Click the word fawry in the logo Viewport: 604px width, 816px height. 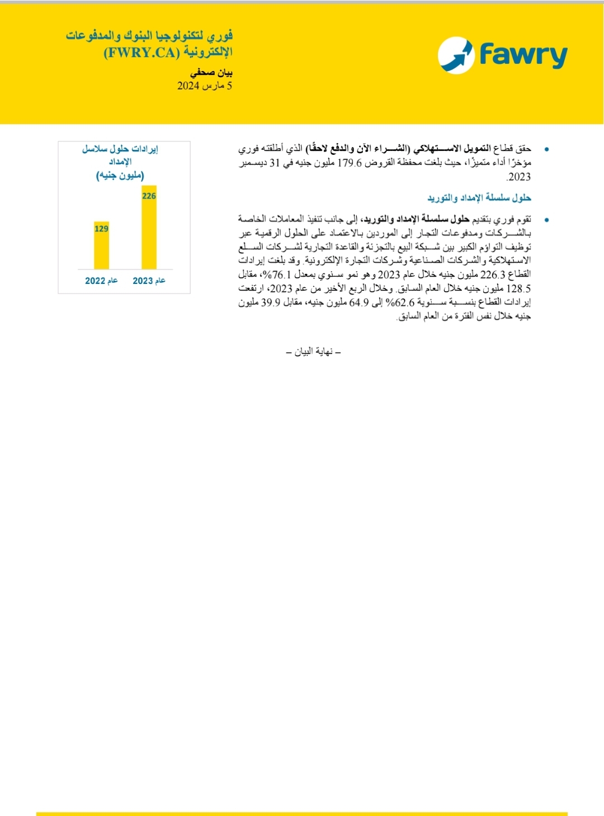pyautogui.click(x=523, y=55)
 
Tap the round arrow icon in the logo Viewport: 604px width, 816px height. pyautogui.click(x=456, y=55)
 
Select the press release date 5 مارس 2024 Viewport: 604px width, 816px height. pyautogui.click(x=205, y=86)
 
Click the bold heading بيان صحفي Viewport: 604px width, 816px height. pyautogui.click(x=211, y=73)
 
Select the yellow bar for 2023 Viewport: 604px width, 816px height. pyautogui.click(x=149, y=228)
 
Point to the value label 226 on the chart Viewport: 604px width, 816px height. pyautogui.click(x=149, y=196)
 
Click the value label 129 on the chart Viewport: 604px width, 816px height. pyautogui.click(x=101, y=228)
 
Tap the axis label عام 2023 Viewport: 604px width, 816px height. pyautogui.click(x=149, y=281)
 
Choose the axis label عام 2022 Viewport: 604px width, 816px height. pyautogui.click(x=101, y=281)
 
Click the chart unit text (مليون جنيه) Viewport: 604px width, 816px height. pyautogui.click(x=120, y=175)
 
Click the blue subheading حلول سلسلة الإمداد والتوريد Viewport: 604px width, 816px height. pyautogui.click(x=479, y=198)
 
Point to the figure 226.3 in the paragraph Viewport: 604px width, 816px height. pyautogui.click(x=493, y=274)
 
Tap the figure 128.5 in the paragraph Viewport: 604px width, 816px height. pyautogui.click(x=520, y=288)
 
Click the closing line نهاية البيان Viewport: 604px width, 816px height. pyautogui.click(x=313, y=352)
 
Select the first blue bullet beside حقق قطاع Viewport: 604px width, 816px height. pyautogui.click(x=546, y=149)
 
